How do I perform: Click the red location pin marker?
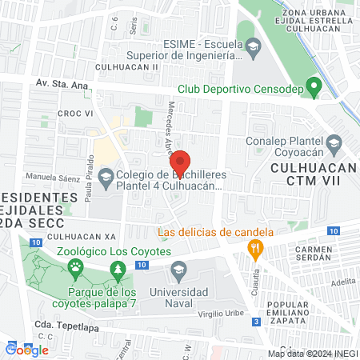tap(180, 163)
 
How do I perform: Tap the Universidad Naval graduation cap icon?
tap(178, 268)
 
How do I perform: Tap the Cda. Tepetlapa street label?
tap(66, 326)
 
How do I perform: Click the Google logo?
tap(27, 349)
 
